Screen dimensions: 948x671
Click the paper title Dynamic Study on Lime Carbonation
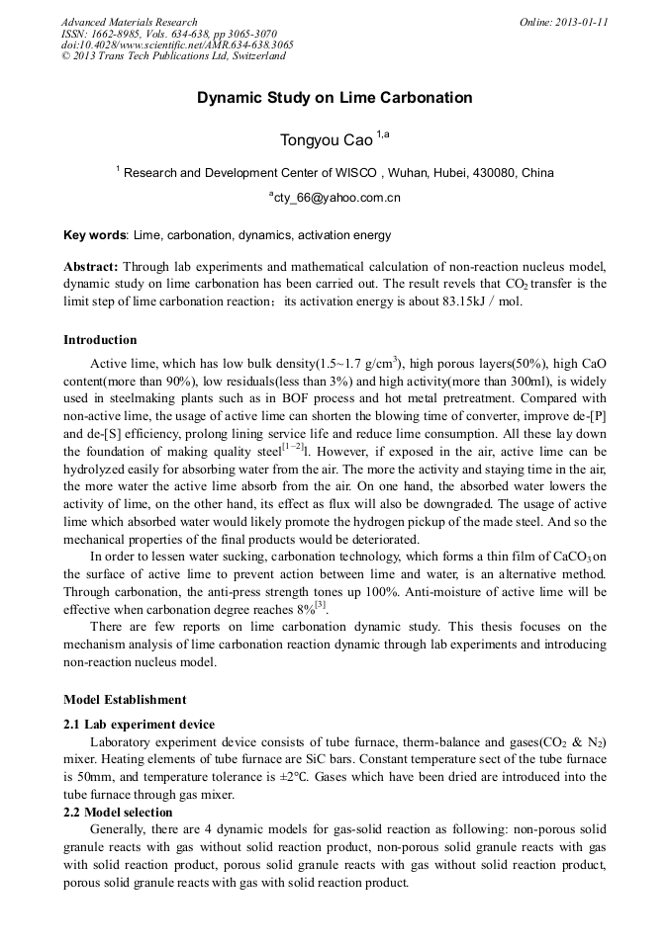click(335, 98)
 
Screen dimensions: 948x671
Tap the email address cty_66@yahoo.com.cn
click(335, 198)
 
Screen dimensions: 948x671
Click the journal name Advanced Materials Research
click(130, 22)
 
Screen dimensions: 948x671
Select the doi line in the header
click(177, 44)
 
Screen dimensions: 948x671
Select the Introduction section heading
click(100, 340)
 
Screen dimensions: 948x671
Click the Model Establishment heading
click(125, 700)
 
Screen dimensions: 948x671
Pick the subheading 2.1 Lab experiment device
click(139, 725)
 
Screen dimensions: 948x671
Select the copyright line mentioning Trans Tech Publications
click(173, 56)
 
